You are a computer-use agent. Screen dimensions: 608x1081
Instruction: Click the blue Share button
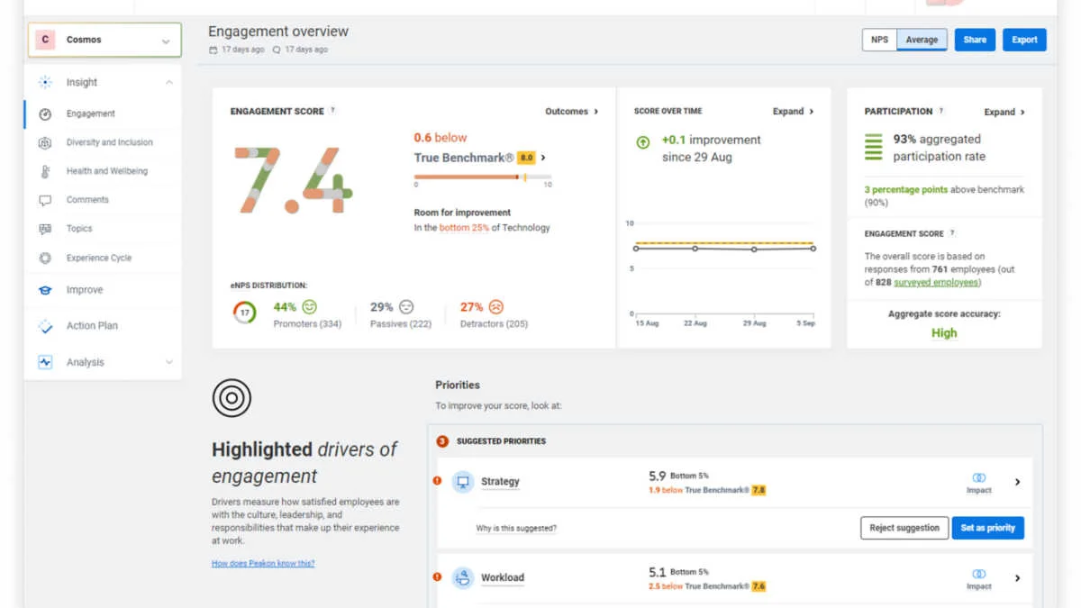click(975, 40)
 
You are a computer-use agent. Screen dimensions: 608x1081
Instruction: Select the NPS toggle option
click(879, 40)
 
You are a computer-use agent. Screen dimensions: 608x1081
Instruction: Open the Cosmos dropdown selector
click(104, 41)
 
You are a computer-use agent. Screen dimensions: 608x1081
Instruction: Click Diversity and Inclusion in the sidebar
click(109, 142)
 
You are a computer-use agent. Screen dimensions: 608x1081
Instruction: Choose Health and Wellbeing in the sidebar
click(106, 171)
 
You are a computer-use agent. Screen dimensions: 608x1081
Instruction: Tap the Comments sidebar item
click(87, 200)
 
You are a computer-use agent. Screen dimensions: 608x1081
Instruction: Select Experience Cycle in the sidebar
click(98, 258)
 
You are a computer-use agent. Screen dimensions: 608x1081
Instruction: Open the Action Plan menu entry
click(92, 326)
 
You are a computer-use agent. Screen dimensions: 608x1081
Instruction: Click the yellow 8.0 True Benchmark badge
click(526, 158)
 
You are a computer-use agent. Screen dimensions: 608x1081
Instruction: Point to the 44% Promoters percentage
click(285, 307)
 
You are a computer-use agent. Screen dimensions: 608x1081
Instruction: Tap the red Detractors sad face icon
click(496, 307)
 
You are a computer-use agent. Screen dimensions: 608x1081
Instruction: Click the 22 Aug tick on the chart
click(694, 323)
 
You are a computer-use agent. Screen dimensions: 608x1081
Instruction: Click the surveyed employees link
click(936, 283)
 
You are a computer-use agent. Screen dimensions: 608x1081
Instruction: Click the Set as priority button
click(987, 528)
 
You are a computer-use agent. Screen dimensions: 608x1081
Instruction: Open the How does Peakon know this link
click(263, 564)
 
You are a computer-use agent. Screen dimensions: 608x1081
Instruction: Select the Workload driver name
click(502, 577)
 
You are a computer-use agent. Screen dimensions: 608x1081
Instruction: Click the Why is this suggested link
click(516, 529)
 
